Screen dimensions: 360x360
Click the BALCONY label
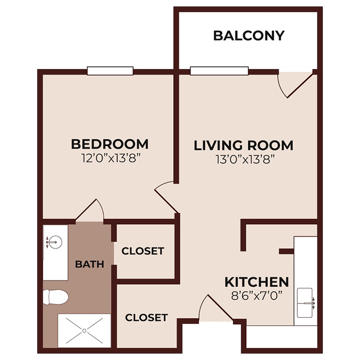[x=248, y=35]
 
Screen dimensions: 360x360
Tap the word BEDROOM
[x=110, y=143]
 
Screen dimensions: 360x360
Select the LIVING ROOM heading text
[x=243, y=146]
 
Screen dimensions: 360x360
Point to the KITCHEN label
[x=256, y=282]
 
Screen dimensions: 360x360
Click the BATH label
[x=89, y=264]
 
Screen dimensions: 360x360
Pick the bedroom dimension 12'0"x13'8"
[x=110, y=158]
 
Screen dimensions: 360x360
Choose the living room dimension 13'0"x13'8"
[x=243, y=159]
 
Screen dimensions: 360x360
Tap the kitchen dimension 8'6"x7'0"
[x=256, y=296]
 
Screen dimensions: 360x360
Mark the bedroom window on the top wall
[x=110, y=71]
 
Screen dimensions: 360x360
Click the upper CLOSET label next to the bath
[x=142, y=251]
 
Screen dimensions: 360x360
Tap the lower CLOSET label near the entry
[x=147, y=317]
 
